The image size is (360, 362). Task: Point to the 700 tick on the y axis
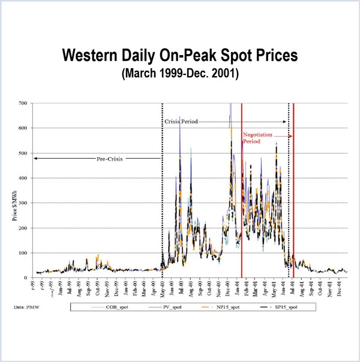(x=22, y=103)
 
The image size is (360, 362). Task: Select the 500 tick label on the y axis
(x=22, y=153)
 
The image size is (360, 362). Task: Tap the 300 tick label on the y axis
(x=22, y=203)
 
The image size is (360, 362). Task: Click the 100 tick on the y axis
(x=22, y=253)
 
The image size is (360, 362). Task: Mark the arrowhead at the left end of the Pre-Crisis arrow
(x=35, y=158)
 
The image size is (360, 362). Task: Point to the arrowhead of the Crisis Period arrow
(x=286, y=122)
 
